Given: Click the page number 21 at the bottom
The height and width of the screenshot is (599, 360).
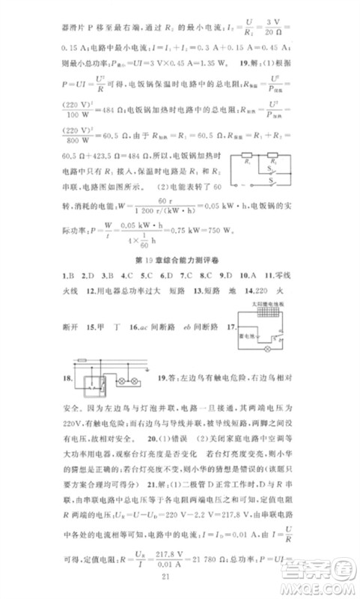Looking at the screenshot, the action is coord(180,574).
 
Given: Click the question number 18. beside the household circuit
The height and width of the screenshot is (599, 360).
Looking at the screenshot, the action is coord(64,379).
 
